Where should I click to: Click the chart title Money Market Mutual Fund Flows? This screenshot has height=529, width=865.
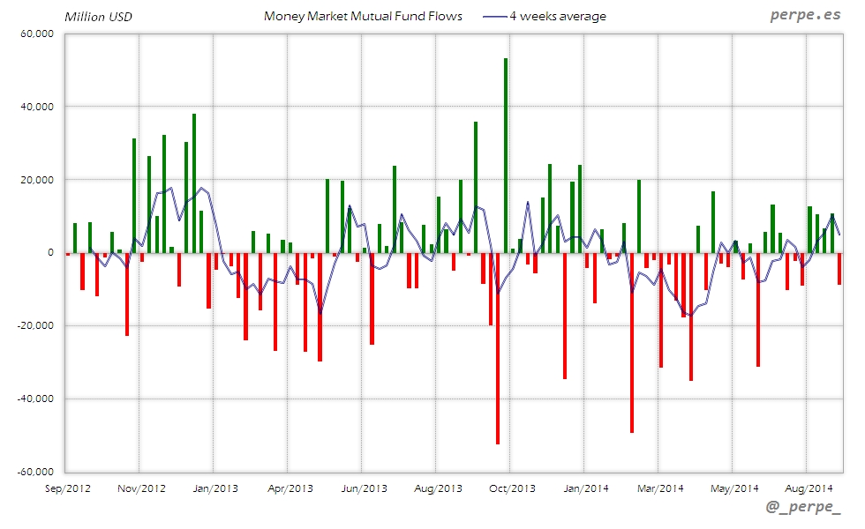363,16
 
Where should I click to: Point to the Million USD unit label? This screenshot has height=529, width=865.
98,17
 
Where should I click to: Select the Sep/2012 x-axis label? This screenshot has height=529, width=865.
67,488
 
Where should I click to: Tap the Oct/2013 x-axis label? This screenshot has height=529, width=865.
512,488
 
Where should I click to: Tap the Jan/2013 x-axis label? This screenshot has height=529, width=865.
215,488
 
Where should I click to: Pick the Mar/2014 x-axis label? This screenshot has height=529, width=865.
660,488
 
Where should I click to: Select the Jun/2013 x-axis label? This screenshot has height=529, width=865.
364,488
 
